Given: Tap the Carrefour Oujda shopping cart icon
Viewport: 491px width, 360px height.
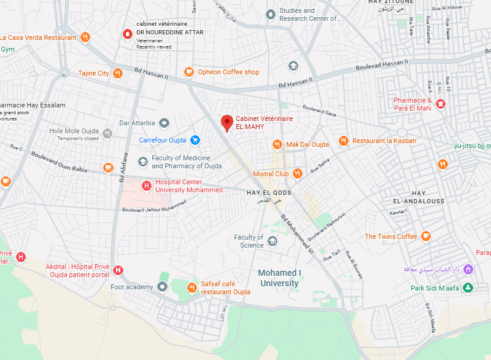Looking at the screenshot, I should pyautogui.click(x=195, y=140).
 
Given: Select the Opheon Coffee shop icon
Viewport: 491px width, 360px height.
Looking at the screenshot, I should pyautogui.click(x=188, y=72).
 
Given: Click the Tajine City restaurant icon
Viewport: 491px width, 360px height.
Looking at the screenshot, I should pyautogui.click(x=118, y=73).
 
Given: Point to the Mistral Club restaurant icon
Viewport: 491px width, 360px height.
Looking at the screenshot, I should pyautogui.click(x=298, y=174).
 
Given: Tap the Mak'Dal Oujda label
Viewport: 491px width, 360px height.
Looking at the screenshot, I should pyautogui.click(x=307, y=144).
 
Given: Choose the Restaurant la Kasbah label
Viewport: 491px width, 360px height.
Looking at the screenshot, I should pyautogui.click(x=384, y=141).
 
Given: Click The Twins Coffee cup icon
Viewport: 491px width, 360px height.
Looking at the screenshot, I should pyautogui.click(x=426, y=237).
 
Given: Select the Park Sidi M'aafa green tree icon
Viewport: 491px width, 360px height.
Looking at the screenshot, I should pyautogui.click(x=469, y=288).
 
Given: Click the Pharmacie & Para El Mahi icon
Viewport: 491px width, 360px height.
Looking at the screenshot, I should pyautogui.click(x=441, y=104).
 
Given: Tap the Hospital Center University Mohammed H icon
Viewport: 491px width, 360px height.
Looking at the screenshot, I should pyautogui.click(x=146, y=186).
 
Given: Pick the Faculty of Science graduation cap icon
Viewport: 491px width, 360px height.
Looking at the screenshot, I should pyautogui.click(x=273, y=241).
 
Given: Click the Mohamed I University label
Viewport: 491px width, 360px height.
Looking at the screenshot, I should pyautogui.click(x=279, y=278).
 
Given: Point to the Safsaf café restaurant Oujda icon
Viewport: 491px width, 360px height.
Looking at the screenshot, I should pyautogui.click(x=193, y=287).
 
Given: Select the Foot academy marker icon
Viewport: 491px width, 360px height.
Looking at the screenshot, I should pyautogui.click(x=162, y=287).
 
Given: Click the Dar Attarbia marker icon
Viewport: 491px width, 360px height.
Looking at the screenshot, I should pyautogui.click(x=164, y=123).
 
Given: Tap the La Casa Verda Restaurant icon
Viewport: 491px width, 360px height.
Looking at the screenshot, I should pyautogui.click(x=85, y=37).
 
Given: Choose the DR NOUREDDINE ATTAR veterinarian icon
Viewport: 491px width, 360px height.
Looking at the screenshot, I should pyautogui.click(x=128, y=33).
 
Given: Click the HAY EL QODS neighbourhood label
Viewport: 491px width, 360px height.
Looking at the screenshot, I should pyautogui.click(x=269, y=193).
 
